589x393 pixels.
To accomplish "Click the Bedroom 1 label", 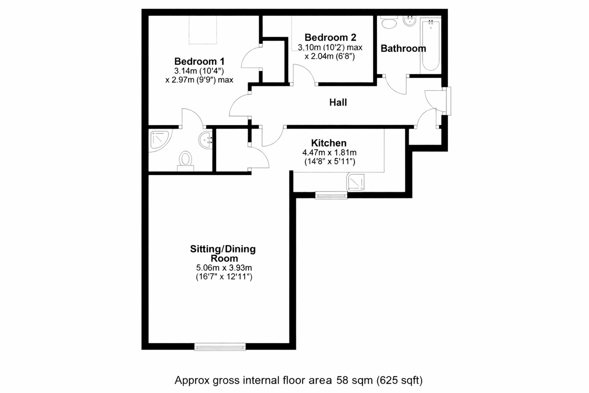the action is (x=199, y=61).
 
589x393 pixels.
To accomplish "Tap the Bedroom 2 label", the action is (x=330, y=37).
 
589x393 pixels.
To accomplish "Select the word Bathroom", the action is (x=403, y=48).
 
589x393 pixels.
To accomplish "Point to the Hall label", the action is (x=338, y=102).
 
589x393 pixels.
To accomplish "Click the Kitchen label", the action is (x=329, y=143).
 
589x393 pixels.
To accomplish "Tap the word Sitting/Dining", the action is (x=223, y=249).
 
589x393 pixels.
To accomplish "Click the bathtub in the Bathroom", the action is (x=430, y=45).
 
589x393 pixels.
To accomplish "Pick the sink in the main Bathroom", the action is (x=410, y=21).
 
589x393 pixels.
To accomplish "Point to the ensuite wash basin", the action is (x=205, y=140).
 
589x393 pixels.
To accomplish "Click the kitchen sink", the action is (x=355, y=182).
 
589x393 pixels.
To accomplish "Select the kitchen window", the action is (x=331, y=195).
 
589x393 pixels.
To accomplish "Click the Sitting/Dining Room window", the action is (x=220, y=347).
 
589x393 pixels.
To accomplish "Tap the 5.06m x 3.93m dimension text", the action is (x=224, y=268).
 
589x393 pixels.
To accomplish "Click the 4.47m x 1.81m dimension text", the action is (x=329, y=152).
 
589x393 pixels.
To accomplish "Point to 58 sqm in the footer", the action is (x=355, y=380).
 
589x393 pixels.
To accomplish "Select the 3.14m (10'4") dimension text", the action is (x=199, y=71).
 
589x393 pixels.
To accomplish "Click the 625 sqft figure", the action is (x=400, y=380).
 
